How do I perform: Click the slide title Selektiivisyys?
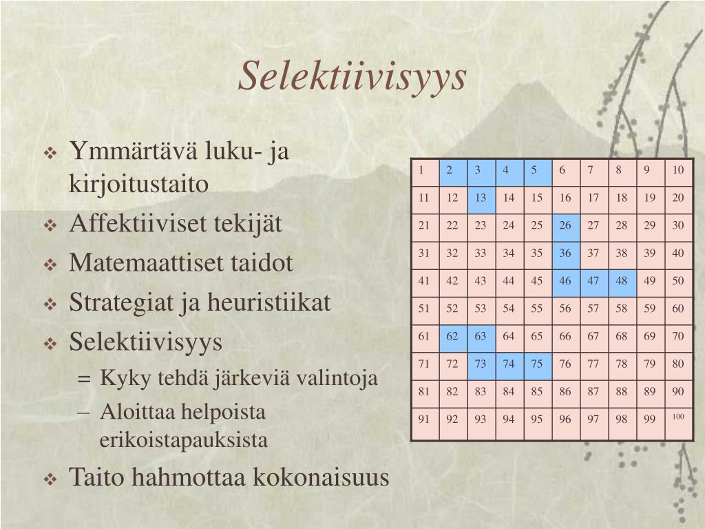coord(352,76)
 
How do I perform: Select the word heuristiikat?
coord(269,302)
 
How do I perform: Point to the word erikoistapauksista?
coord(183,440)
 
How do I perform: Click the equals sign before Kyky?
coord(84,379)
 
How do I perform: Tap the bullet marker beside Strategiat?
coord(50,304)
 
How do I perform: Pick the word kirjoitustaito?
coord(138,185)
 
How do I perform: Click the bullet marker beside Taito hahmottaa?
coord(50,479)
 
